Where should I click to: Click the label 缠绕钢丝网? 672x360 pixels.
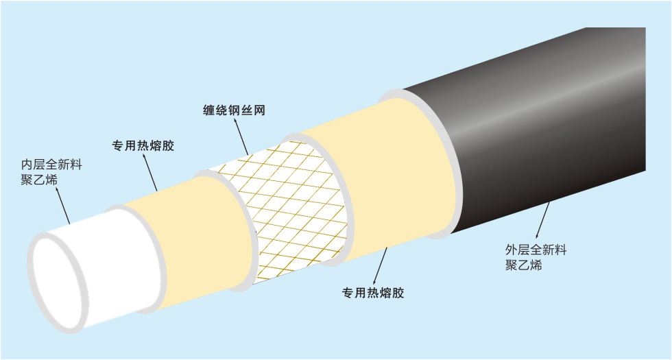[234, 110]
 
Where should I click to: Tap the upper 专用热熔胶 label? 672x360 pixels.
[143, 145]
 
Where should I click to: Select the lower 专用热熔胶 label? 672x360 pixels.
[373, 293]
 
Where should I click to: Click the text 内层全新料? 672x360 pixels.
[51, 165]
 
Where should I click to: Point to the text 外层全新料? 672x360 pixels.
[536, 250]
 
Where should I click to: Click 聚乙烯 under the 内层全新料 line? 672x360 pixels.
[39, 180]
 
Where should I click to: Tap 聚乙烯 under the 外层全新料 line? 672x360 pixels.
[523, 265]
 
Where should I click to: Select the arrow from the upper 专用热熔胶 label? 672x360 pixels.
[149, 172]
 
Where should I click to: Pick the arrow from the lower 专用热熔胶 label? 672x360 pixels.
[381, 266]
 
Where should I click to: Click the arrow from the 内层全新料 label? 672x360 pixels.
[62, 206]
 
